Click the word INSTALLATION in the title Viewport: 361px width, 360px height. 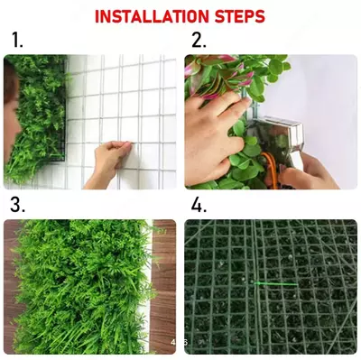pyautogui.click(x=152, y=16)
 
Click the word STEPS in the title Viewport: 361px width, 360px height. pyautogui.click(x=240, y=16)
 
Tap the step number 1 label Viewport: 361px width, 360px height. pyautogui.click(x=17, y=41)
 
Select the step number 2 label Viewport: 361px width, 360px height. pyautogui.click(x=199, y=41)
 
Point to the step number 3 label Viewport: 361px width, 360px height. pyautogui.click(x=17, y=205)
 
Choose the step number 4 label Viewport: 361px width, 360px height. pyautogui.click(x=199, y=205)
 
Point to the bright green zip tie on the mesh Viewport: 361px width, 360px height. pyautogui.click(x=276, y=283)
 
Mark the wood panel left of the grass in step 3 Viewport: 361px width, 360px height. pyautogui.click(x=10, y=286)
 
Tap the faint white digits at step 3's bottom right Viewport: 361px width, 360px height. pyautogui.click(x=180, y=342)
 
